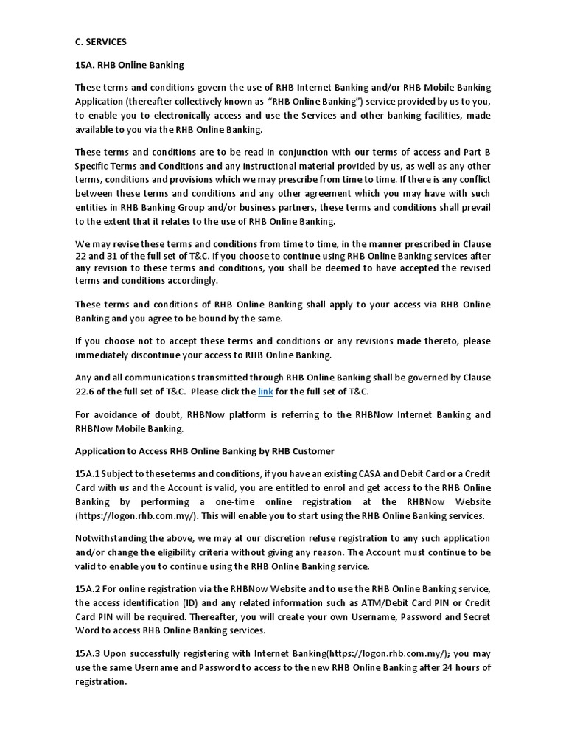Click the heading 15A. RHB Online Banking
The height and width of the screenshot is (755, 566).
(x=129, y=65)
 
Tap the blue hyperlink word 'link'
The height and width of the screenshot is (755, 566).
(x=265, y=392)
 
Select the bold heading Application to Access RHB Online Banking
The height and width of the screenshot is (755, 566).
(x=205, y=451)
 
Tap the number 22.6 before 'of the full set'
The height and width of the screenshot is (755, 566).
(x=87, y=392)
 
